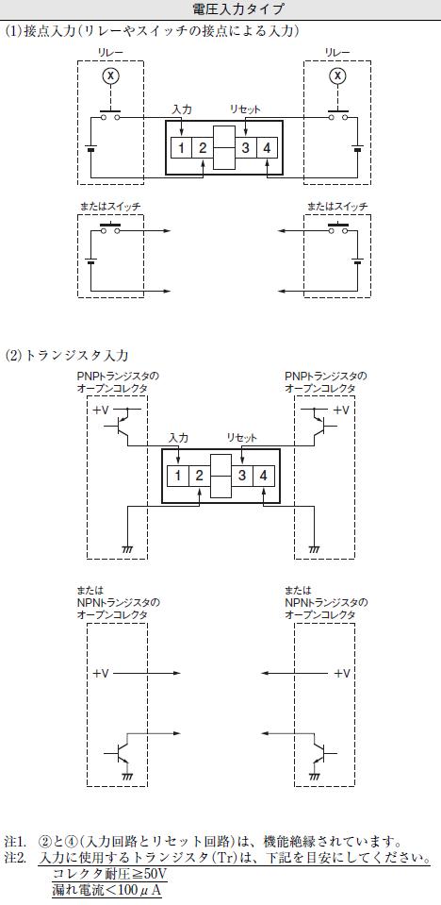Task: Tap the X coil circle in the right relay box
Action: [x=339, y=75]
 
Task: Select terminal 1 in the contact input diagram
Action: [x=181, y=148]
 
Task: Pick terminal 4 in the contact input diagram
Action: [x=267, y=148]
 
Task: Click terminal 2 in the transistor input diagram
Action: [x=199, y=476]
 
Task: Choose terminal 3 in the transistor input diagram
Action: [x=243, y=476]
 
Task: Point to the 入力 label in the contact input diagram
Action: [x=181, y=109]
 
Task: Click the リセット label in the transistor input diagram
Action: [x=242, y=438]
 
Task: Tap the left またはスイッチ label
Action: [x=109, y=206]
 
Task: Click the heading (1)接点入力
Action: [x=41, y=30]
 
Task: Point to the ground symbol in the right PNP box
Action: [x=315, y=548]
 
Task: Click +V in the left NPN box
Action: [x=101, y=673]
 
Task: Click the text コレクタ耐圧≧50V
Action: [x=109, y=872]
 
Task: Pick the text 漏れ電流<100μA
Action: [x=106, y=890]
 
